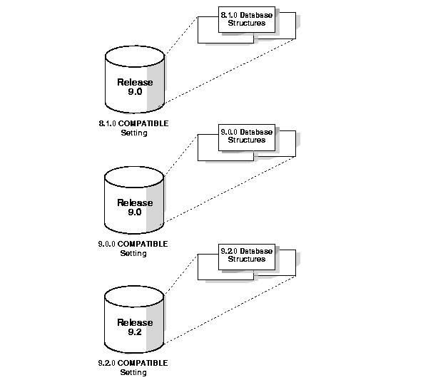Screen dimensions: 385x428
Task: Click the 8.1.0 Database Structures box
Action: point(246,19)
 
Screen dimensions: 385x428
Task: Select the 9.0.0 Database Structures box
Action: point(246,135)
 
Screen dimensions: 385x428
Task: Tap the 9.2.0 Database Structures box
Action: point(246,255)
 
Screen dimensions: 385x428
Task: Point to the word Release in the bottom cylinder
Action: point(135,322)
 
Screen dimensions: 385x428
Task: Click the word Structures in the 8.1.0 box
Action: point(246,23)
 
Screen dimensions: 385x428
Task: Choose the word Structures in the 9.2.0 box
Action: point(246,259)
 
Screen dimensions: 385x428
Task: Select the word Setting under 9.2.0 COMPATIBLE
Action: point(133,372)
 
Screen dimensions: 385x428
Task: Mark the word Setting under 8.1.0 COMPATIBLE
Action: point(133,133)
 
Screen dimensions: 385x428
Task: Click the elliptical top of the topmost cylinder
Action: point(135,56)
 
